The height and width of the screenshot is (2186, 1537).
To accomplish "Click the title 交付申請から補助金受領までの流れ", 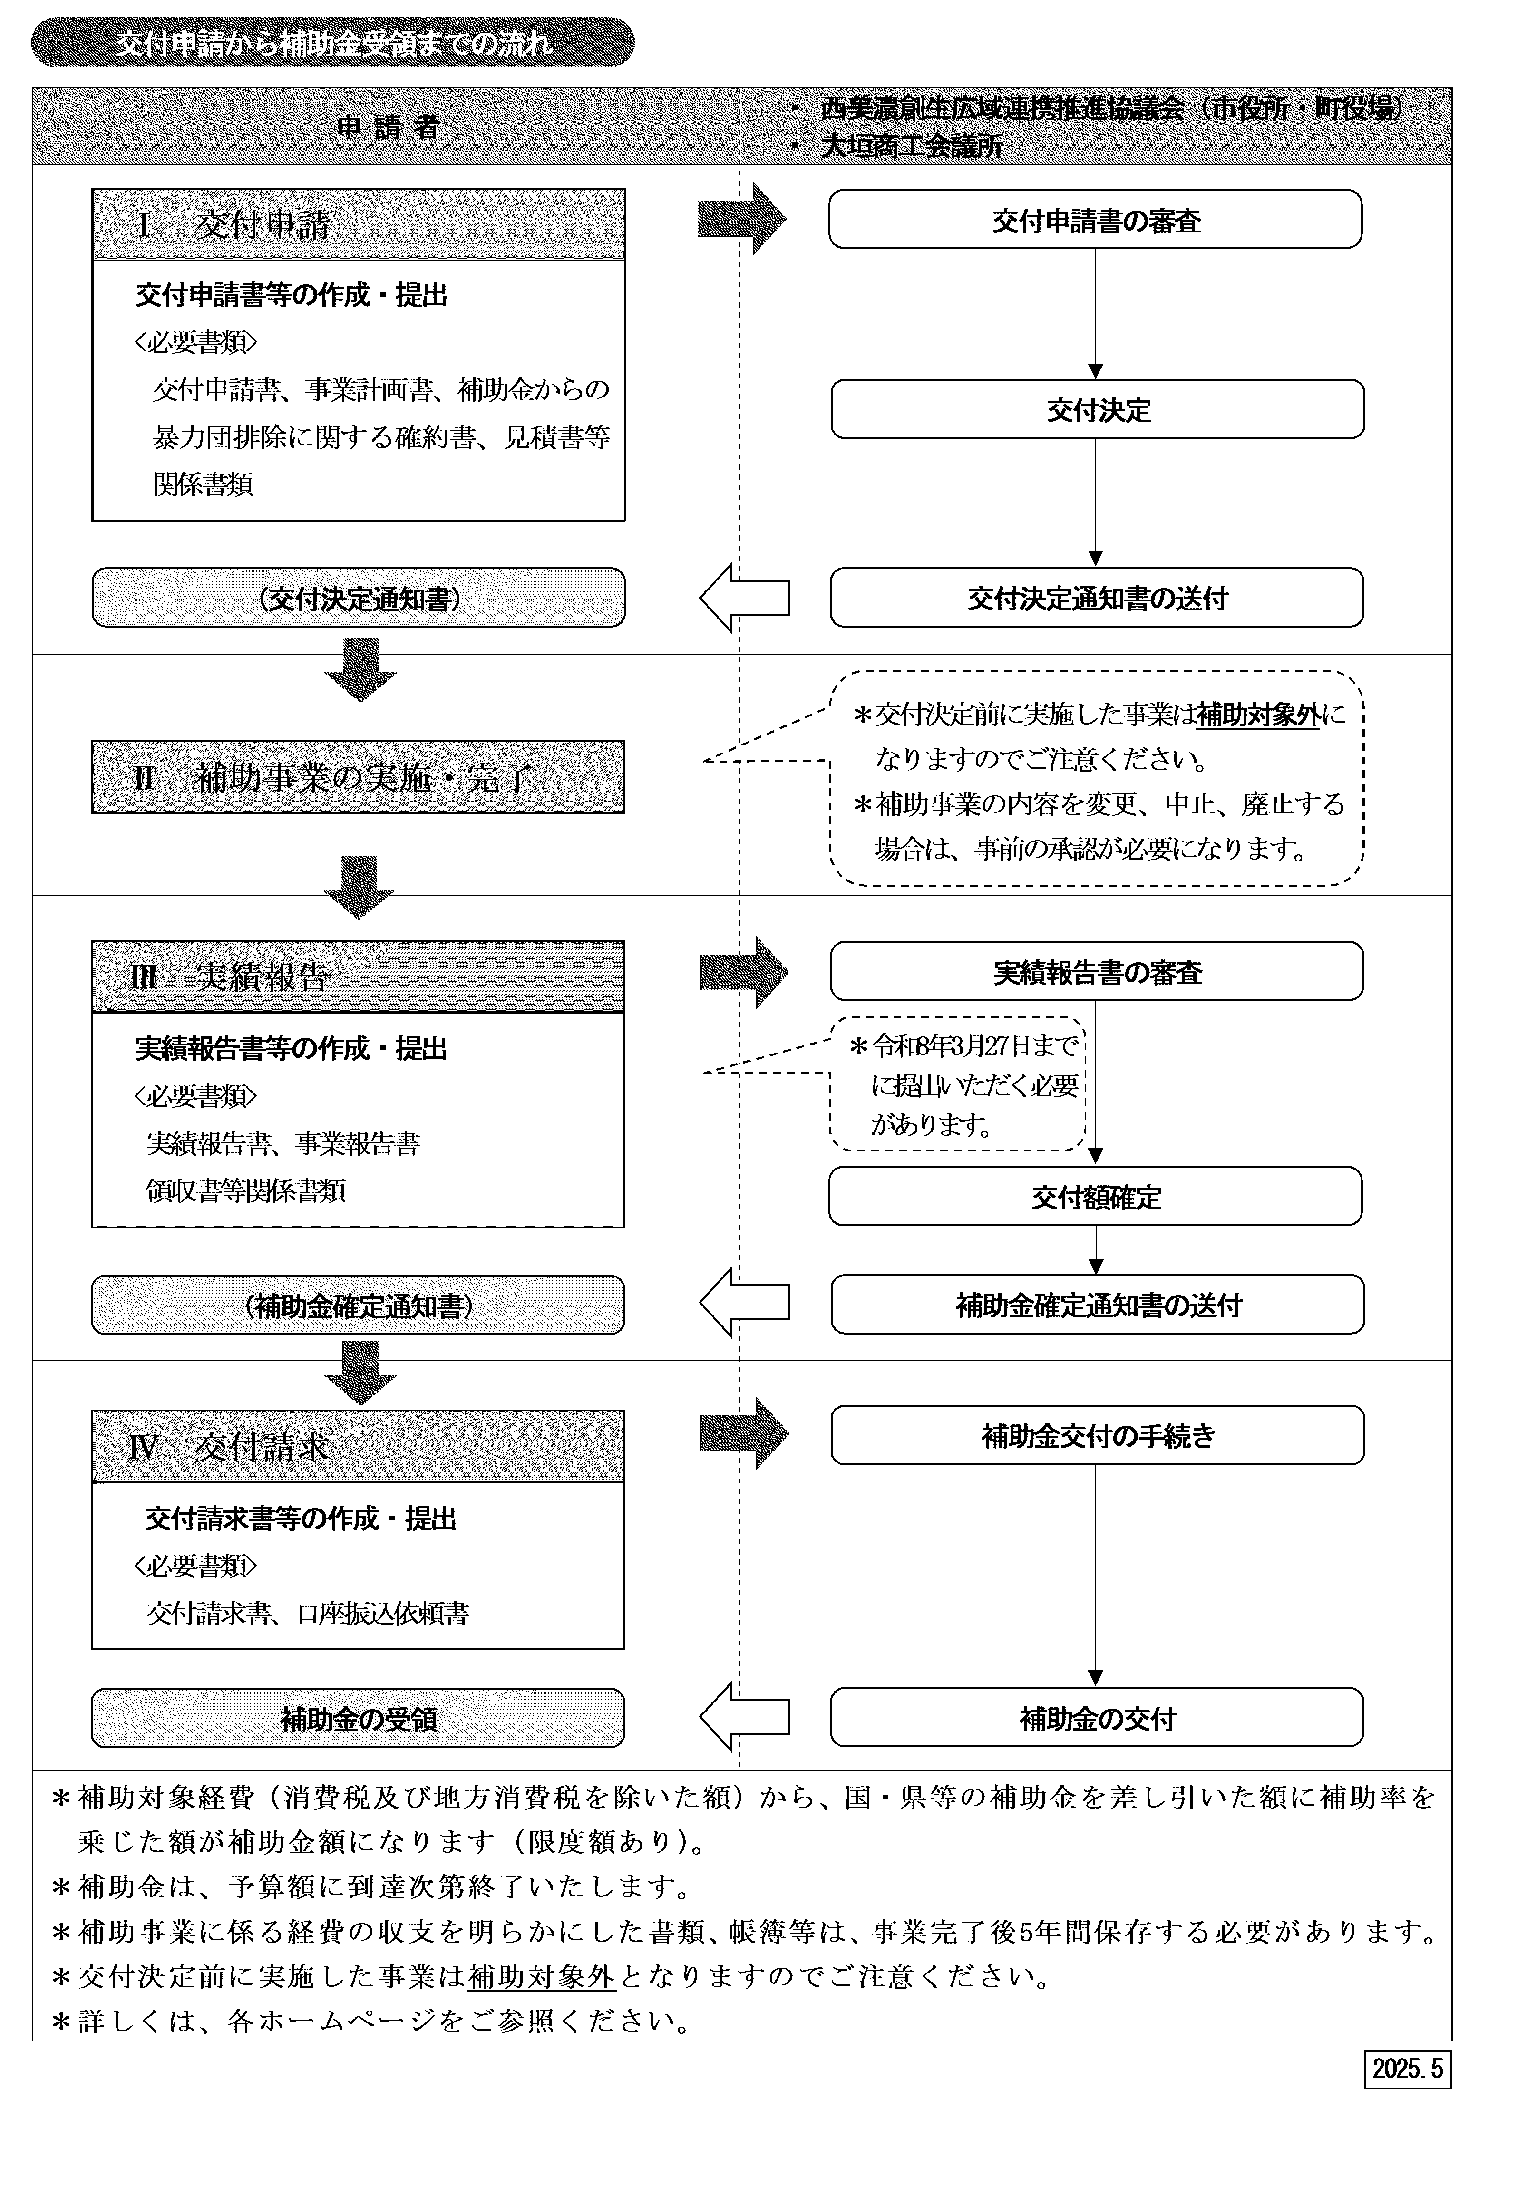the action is [x=333, y=43].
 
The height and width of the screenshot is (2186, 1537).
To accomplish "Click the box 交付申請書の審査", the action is [x=1095, y=219].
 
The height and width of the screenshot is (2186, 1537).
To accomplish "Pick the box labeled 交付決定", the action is [x=1097, y=409].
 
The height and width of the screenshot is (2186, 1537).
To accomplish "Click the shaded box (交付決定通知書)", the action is [x=358, y=598].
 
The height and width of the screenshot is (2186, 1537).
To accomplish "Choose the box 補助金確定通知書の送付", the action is [x=1097, y=1305].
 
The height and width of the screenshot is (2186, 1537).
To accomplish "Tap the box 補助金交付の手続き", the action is [x=1097, y=1435].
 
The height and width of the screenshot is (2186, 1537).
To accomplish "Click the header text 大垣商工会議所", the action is [x=911, y=145].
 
